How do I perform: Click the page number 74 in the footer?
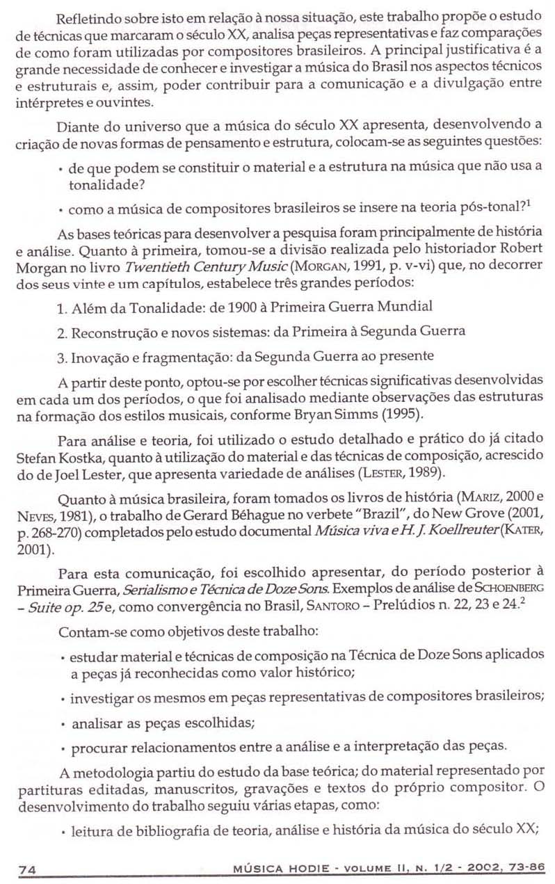click(x=28, y=869)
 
